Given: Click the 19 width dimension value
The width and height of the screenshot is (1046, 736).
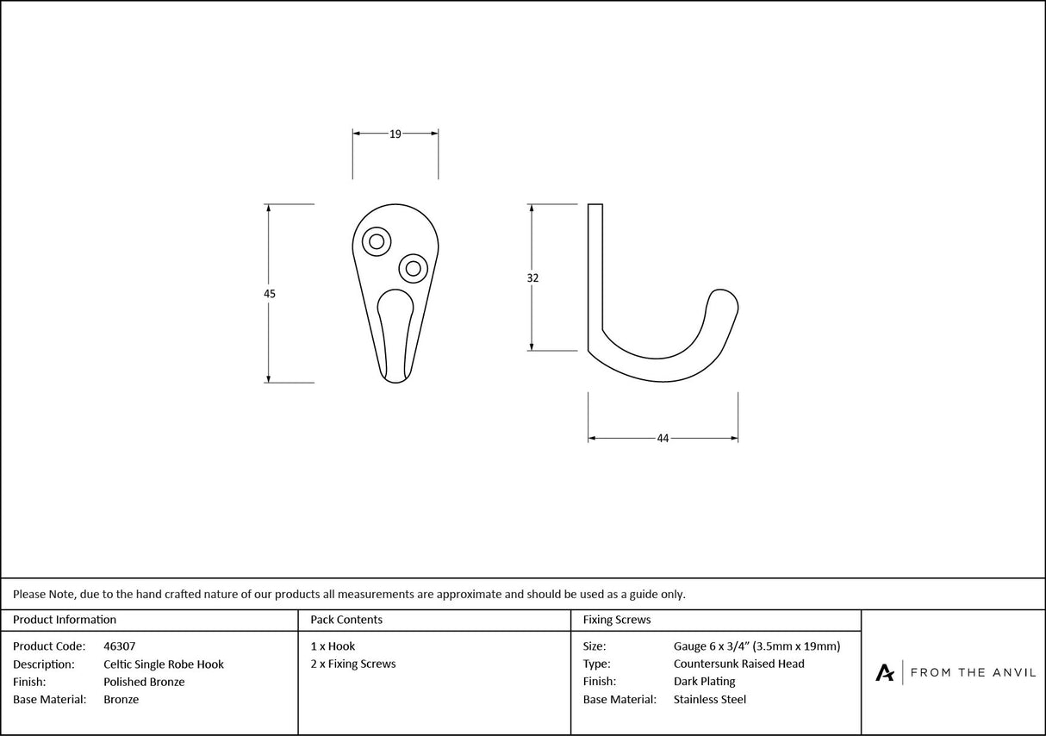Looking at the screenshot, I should click(395, 134).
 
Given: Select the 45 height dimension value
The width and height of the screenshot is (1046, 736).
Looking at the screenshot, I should click(270, 294).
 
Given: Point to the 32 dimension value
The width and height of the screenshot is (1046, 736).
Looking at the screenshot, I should click(532, 278).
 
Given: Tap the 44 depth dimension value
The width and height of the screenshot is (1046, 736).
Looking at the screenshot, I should click(663, 439).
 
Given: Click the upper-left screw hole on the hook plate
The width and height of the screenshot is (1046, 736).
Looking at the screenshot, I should click(377, 241).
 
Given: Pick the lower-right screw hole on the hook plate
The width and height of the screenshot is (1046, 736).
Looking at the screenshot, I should click(414, 268).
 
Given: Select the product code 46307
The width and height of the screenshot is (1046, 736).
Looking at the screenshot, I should click(119, 646).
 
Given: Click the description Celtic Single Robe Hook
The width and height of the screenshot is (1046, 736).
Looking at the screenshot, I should click(164, 664).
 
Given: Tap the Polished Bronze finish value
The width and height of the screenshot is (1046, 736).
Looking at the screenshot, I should click(144, 682).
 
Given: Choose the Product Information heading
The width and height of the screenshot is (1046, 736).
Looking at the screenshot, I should click(65, 620).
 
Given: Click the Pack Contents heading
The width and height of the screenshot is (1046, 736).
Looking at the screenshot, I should click(346, 620).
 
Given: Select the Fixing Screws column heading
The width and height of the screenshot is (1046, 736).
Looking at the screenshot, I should click(617, 620).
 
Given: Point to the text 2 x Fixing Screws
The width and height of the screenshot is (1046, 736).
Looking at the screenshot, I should click(353, 664).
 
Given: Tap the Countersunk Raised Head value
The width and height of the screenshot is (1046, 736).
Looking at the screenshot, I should click(738, 664).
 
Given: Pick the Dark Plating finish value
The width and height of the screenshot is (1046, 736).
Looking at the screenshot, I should click(704, 682).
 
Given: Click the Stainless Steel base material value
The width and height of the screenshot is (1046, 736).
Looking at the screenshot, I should click(710, 700).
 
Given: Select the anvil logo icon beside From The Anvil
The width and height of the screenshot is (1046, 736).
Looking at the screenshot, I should click(884, 672).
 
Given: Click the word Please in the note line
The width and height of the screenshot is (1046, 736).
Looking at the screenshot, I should click(29, 594).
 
